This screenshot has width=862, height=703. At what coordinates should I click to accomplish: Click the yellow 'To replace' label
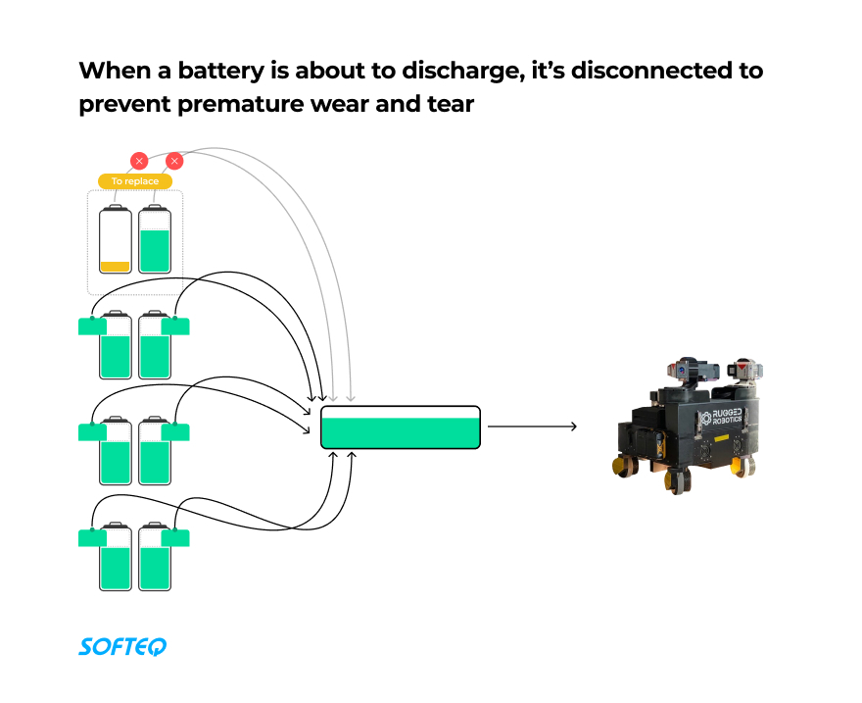click(135, 181)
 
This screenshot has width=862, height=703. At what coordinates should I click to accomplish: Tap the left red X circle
click(139, 161)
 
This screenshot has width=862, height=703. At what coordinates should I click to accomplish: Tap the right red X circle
click(174, 161)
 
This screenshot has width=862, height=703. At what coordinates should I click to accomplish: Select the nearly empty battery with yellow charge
click(116, 240)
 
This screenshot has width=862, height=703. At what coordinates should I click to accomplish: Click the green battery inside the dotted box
click(155, 240)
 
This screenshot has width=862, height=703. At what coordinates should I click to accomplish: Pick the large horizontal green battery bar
click(401, 427)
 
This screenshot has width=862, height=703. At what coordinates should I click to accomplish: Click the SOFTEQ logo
click(122, 646)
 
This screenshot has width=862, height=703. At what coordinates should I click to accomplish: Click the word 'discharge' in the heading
click(434, 72)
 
